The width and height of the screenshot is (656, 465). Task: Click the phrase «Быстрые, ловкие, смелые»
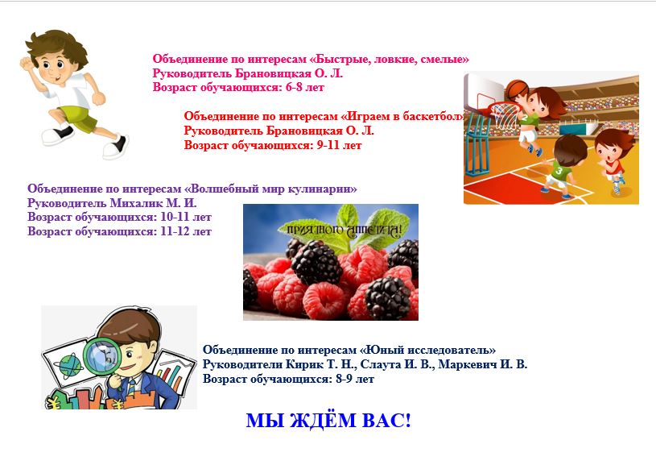(389, 59)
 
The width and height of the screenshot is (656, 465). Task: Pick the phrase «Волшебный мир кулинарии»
(270, 189)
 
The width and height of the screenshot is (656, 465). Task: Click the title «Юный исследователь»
(427, 350)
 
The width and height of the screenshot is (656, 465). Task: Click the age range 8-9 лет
(355, 379)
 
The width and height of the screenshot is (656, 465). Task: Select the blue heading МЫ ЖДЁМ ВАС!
(328, 421)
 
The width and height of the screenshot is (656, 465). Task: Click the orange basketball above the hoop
(517, 89)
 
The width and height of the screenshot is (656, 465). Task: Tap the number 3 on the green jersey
(559, 171)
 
